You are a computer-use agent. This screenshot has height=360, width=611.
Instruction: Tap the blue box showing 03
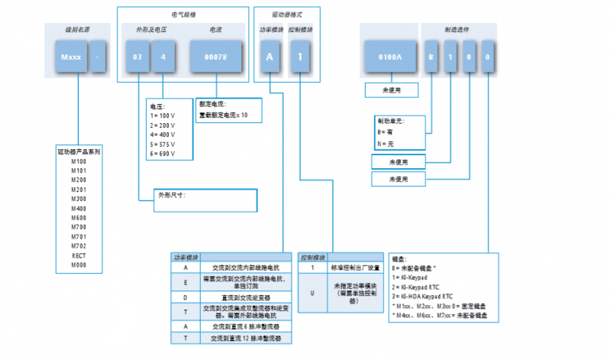point(137,58)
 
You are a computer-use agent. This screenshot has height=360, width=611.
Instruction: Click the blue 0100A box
point(390,58)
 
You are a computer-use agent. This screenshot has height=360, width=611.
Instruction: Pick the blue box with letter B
point(432,58)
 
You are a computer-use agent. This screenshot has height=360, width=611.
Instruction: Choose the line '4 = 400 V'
point(163,133)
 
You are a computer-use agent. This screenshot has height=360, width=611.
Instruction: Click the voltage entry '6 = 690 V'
point(163,153)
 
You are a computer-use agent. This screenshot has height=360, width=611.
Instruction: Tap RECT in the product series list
point(79,255)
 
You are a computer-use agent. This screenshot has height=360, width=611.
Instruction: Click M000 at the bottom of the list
point(79,264)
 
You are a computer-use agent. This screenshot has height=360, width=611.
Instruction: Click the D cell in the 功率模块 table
point(186,296)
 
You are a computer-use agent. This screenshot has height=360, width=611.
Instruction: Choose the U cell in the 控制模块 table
point(312,292)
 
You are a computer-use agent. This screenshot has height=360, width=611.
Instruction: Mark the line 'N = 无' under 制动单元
point(389,144)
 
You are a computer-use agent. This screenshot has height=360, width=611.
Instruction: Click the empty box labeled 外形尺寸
point(206,200)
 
